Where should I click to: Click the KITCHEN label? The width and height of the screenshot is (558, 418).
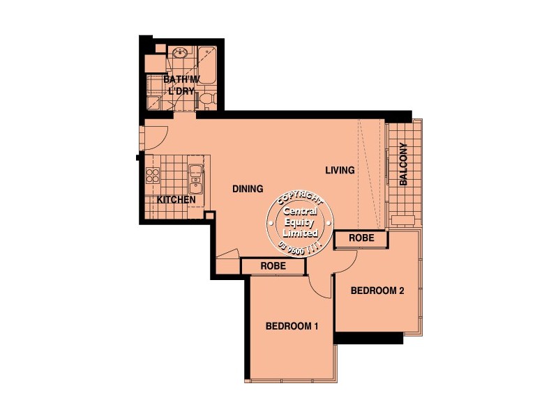pos(176,200)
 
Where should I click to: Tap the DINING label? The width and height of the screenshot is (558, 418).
pos(248,189)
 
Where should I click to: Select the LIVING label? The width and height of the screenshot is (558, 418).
pos(340,170)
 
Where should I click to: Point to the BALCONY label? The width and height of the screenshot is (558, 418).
pos(404,164)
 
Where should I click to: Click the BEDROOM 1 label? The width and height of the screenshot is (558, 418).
pos(292,325)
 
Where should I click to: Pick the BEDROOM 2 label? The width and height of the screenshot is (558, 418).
pos(377,291)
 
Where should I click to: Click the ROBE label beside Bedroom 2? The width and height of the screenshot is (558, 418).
pos(361,238)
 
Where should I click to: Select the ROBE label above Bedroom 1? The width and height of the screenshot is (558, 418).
pos(273,265)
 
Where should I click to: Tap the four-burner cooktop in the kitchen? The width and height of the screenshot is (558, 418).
pos(153,174)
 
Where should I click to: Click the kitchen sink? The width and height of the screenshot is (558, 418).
pos(196,178)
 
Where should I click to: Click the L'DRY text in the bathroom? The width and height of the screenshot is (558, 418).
pos(179,91)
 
